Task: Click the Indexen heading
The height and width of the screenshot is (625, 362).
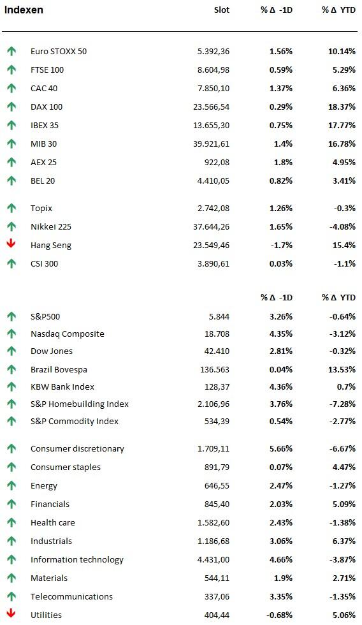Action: click(x=24, y=10)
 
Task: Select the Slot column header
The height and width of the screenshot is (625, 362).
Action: click(x=221, y=10)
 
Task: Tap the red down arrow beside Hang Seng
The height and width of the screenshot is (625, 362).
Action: click(x=11, y=244)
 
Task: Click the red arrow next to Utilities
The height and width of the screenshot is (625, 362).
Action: click(x=11, y=614)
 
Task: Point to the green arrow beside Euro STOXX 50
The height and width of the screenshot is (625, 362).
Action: click(x=11, y=51)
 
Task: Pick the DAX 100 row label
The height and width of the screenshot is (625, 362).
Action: click(x=47, y=107)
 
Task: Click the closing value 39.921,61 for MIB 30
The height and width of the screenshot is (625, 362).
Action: click(x=211, y=144)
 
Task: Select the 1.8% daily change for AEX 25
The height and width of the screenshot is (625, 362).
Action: click(x=283, y=162)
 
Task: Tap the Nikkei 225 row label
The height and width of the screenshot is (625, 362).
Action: click(x=51, y=227)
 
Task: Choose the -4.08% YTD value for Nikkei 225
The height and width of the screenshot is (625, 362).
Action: click(x=342, y=227)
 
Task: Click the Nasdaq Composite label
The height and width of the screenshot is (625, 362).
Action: click(x=68, y=334)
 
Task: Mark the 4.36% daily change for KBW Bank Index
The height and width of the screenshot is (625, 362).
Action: click(x=281, y=386)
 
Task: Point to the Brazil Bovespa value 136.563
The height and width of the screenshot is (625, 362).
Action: click(x=215, y=369)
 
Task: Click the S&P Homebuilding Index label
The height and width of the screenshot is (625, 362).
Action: click(x=80, y=404)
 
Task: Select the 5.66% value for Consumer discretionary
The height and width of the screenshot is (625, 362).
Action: click(x=281, y=449)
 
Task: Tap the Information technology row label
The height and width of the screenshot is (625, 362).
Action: click(x=77, y=560)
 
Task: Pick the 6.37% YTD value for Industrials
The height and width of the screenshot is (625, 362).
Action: click(x=344, y=541)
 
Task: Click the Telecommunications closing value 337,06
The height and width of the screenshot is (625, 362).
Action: click(x=217, y=597)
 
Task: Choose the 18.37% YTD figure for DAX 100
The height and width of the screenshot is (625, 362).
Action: click(x=342, y=107)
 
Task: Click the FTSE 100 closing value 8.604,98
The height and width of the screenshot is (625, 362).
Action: click(x=214, y=70)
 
